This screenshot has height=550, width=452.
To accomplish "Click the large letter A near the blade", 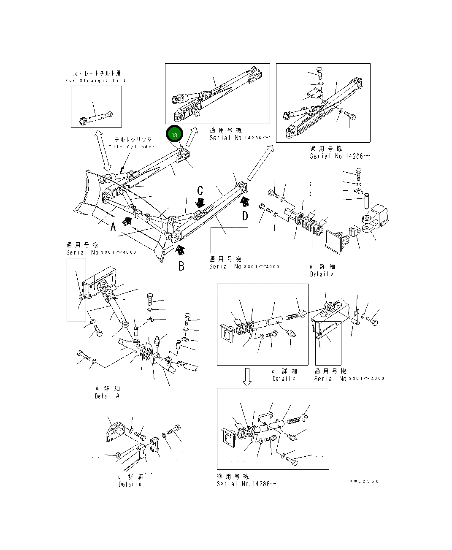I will [113, 227].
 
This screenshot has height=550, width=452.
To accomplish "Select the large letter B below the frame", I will [181, 266].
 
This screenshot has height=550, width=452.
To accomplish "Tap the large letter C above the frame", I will [200, 190].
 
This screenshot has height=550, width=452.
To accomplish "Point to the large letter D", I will [245, 216].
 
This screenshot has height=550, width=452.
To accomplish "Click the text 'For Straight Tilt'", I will [96, 80].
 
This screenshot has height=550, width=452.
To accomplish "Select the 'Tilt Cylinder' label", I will [132, 146].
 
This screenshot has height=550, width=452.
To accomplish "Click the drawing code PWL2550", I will [364, 481].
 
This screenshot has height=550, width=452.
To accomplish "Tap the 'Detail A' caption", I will [107, 396].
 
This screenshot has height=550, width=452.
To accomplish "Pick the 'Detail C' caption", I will [284, 379].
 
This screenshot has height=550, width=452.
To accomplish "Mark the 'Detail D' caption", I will [130, 484].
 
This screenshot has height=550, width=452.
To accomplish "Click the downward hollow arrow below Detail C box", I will [247, 377].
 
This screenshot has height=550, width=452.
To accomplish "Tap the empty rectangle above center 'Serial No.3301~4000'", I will [229, 240].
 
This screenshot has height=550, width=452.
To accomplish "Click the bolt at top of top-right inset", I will [319, 72].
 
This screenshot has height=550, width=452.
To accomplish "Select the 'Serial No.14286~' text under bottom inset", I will [247, 484].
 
